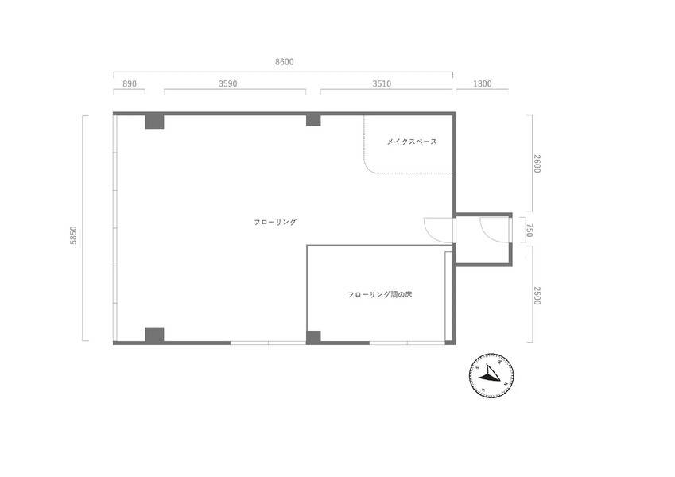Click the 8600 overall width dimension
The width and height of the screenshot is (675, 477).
[x=284, y=62]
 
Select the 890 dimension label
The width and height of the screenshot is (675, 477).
[x=130, y=84]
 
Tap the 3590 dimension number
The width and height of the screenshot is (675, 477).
[x=227, y=84]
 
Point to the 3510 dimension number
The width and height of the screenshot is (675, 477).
[x=382, y=84]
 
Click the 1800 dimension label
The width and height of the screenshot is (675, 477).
[x=482, y=84]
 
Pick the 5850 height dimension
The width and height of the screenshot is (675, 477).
[x=74, y=235]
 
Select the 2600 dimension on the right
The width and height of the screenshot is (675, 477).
[x=537, y=164]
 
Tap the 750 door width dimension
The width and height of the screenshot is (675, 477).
[x=530, y=230]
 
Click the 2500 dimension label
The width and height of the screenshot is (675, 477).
[x=537, y=296]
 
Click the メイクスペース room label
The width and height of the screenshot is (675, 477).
[x=412, y=142]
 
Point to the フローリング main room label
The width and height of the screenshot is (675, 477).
[x=276, y=222]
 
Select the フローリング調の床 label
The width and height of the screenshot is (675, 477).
[x=380, y=295]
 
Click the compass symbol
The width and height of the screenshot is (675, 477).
[x=491, y=376]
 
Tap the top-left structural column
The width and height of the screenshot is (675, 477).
[x=154, y=122]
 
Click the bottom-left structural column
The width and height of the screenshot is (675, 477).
[x=154, y=335]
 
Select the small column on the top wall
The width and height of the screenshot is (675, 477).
[x=313, y=120]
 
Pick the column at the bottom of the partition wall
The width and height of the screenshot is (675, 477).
[x=313, y=338]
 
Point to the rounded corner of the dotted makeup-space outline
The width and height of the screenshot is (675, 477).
[x=367, y=169]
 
